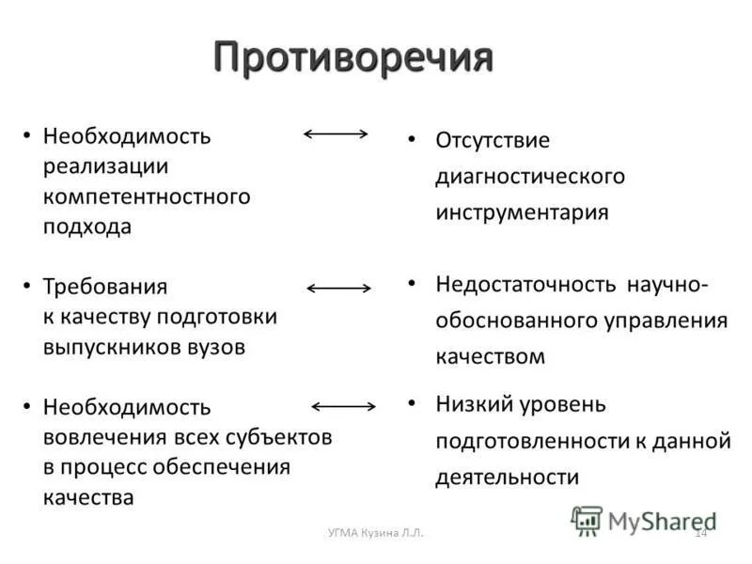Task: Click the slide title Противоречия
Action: [352, 58]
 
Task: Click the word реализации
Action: [105, 166]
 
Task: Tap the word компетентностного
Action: [147, 196]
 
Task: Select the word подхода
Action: [87, 227]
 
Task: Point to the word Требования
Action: [105, 286]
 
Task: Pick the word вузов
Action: [215, 346]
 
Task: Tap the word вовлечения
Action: [104, 437]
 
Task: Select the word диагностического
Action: [530, 176]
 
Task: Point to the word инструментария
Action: [522, 212]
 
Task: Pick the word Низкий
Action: [473, 404]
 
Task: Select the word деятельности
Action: [507, 477]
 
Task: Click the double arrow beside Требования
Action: [339, 288]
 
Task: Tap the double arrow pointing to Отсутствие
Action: [336, 134]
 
